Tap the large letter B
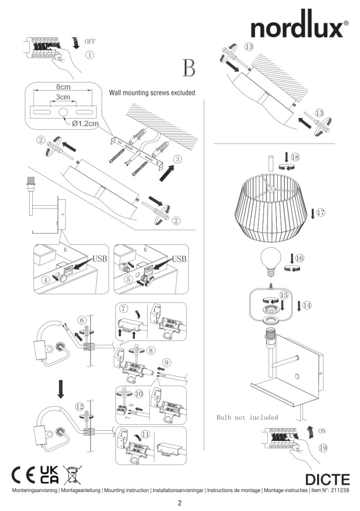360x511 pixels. coord(189,69)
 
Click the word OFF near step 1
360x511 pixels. coord(90,41)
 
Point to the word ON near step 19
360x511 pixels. coord(322,431)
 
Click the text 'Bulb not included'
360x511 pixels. coord(248,417)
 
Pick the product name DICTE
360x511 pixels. coord(327,480)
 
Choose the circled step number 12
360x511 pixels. coord(79,407)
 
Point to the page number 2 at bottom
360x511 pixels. coord(180,503)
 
